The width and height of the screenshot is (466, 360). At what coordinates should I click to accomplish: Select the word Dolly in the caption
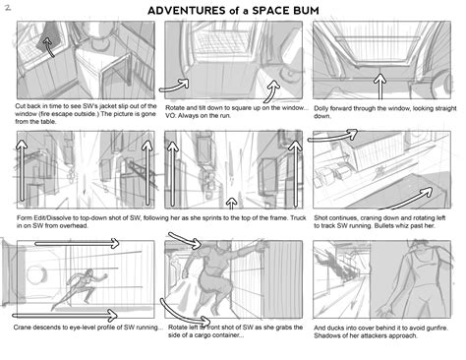click(x=326, y=104)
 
